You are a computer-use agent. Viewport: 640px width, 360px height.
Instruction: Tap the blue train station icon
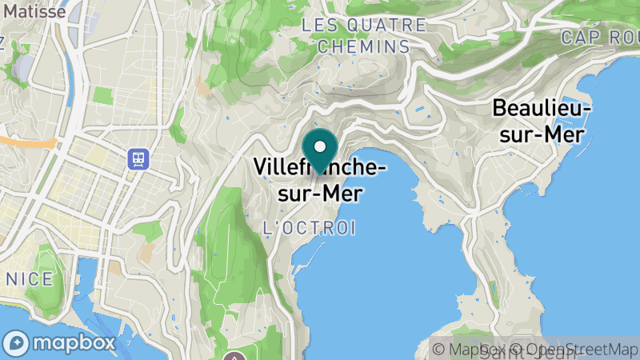click(138, 158)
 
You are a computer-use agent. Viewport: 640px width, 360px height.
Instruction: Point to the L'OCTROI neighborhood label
click(310, 229)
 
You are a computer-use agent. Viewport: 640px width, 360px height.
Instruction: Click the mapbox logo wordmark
click(75, 343)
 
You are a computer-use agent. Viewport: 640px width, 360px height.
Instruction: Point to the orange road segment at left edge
click(24, 142)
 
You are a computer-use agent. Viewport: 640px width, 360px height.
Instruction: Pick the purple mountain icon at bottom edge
click(235, 356)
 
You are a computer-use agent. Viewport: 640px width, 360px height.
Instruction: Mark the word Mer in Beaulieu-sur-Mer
click(565, 134)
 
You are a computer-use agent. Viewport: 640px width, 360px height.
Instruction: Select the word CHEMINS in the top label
click(363, 46)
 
